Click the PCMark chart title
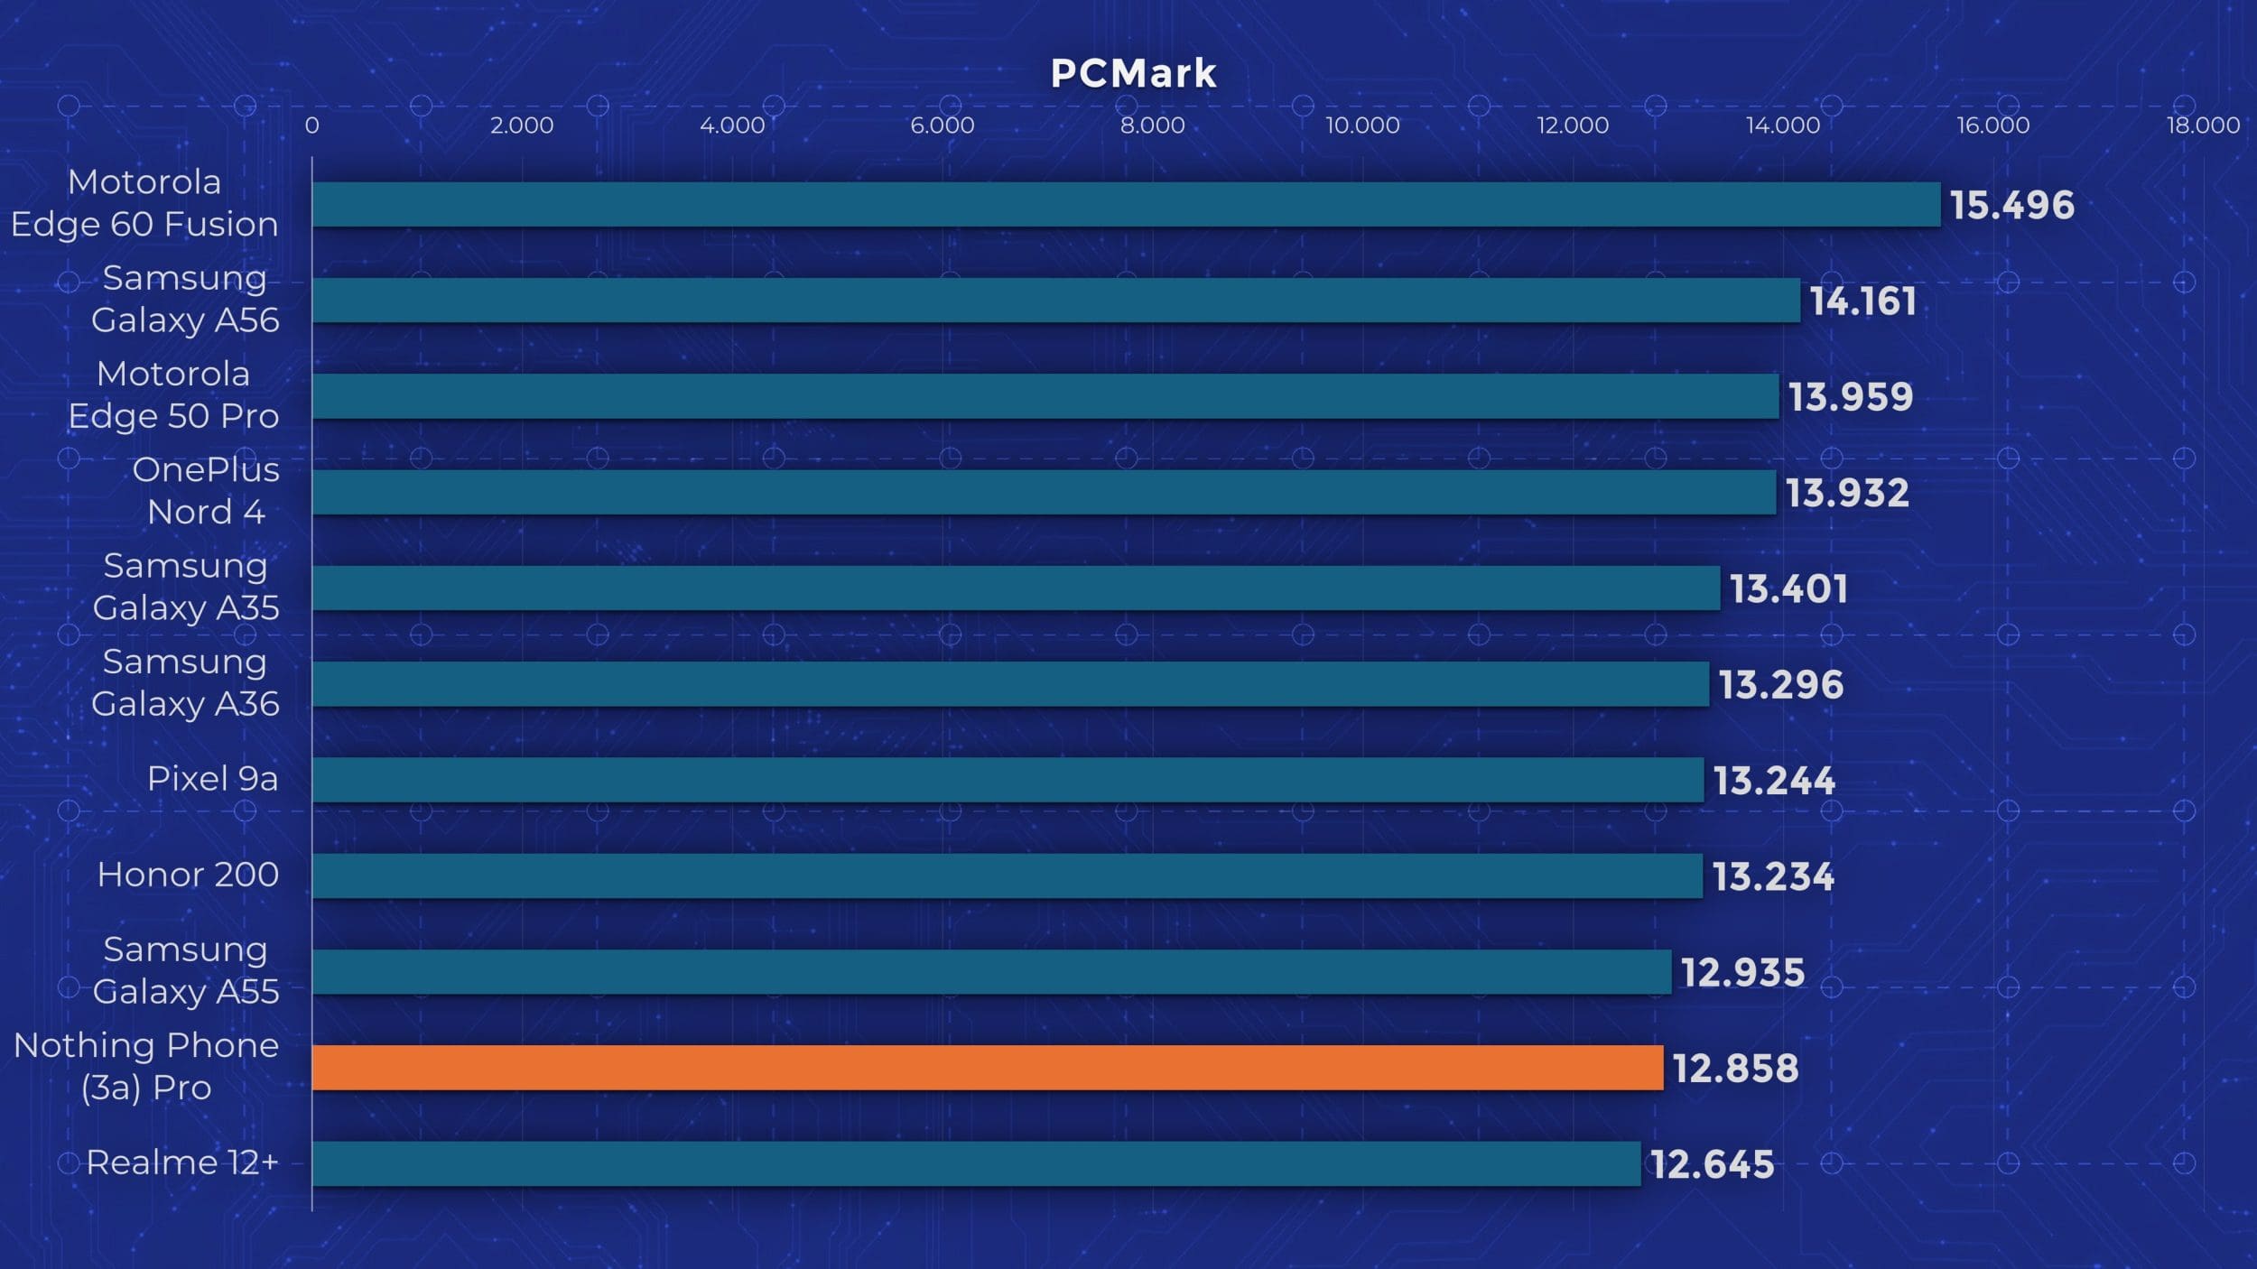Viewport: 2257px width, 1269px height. pyautogui.click(x=1133, y=74)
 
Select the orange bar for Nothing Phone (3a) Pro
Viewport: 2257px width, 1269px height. pyautogui.click(x=987, y=1068)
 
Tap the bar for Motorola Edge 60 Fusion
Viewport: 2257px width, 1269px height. pyautogui.click(x=1126, y=204)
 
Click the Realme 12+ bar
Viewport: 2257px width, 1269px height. pyautogui.click(x=976, y=1163)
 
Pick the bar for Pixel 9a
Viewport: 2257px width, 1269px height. pyautogui.click(x=1008, y=780)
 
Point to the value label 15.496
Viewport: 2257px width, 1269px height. pyautogui.click(x=2011, y=206)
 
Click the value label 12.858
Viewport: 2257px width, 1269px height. pyautogui.click(x=1735, y=1069)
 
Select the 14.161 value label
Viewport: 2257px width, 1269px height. pyautogui.click(x=1862, y=301)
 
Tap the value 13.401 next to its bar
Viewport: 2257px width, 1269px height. pyautogui.click(x=1788, y=589)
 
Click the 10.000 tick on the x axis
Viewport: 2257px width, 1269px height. pyautogui.click(x=1362, y=125)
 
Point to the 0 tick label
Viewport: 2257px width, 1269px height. pyautogui.click(x=311, y=125)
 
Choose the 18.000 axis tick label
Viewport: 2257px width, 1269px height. pyautogui.click(x=2203, y=125)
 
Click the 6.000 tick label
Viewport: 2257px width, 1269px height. pyautogui.click(x=942, y=125)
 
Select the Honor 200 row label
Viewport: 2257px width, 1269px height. pyautogui.click(x=188, y=875)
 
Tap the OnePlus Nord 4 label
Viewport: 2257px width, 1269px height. pyautogui.click(x=206, y=491)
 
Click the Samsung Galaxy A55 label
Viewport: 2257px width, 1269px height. pyautogui.click(x=186, y=970)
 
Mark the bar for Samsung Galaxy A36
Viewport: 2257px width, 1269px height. pyautogui.click(x=1010, y=684)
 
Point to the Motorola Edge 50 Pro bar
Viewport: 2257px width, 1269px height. pyautogui.click(x=1045, y=396)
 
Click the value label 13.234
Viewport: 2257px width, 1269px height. pyautogui.click(x=1773, y=877)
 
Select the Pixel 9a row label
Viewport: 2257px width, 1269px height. pyautogui.click(x=212, y=779)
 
